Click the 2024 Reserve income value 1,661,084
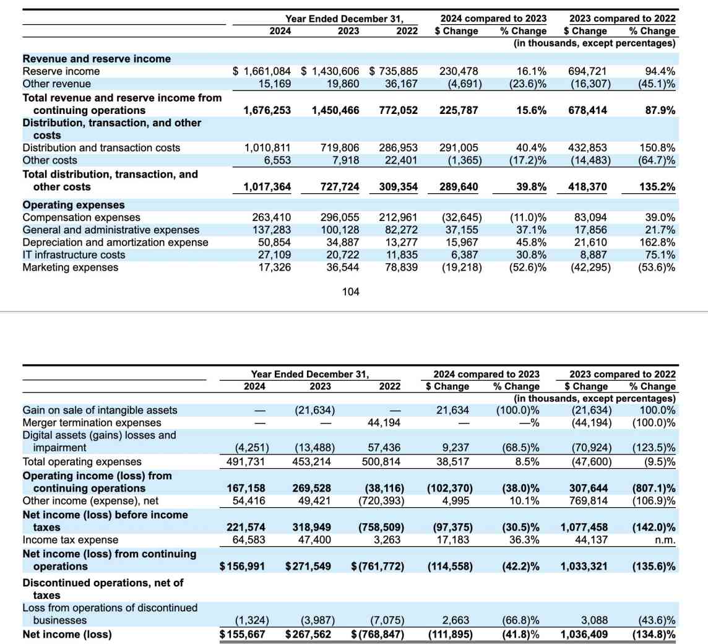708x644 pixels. coord(261,71)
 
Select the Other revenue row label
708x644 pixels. coord(56,84)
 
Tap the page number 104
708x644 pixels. coord(350,292)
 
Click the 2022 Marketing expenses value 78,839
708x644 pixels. coord(398,268)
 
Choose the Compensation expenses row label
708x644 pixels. coord(81,217)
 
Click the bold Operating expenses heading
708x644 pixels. coord(73,204)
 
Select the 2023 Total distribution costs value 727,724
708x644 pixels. coord(339,186)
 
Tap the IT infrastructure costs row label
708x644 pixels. coord(74,255)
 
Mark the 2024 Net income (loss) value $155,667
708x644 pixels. coord(243,634)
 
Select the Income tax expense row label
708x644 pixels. coord(61,540)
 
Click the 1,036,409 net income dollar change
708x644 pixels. coord(584,634)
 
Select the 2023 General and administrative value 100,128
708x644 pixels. coord(339,230)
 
